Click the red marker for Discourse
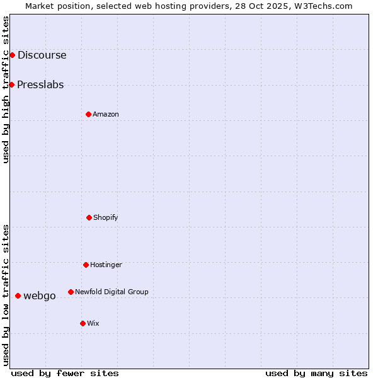[12, 55]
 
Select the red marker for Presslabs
[11, 84]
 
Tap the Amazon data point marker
[88, 114]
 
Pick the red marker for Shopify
[89, 217]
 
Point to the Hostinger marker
[86, 265]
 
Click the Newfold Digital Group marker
[71, 292]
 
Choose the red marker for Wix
[83, 323]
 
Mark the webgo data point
[18, 295]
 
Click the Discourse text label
[42, 55]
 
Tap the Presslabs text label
[40, 84]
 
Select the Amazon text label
[106, 114]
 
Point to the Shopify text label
[106, 217]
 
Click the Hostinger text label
[106, 265]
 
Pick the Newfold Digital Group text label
[112, 292]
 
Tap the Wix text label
[93, 323]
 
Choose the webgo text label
[40, 295]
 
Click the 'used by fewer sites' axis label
[65, 373]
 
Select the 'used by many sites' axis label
[316, 373]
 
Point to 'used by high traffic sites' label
[6, 89]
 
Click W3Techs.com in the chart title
[321, 6]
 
